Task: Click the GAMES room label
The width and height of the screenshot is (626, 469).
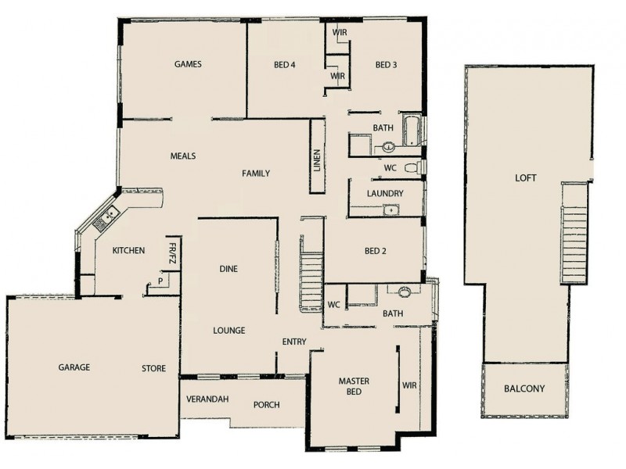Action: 188,64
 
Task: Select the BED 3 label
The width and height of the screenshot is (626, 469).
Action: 387,64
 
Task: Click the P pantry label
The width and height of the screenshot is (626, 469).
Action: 160,280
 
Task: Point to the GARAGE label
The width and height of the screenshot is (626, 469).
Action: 74,367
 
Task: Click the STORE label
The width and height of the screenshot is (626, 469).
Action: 153,368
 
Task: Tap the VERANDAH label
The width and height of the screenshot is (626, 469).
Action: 207,399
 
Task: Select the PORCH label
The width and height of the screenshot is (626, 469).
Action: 267,404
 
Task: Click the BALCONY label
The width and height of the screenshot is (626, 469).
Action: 524,388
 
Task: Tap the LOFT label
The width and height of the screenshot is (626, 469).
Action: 526,178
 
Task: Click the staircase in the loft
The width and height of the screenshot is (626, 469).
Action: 574,234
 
